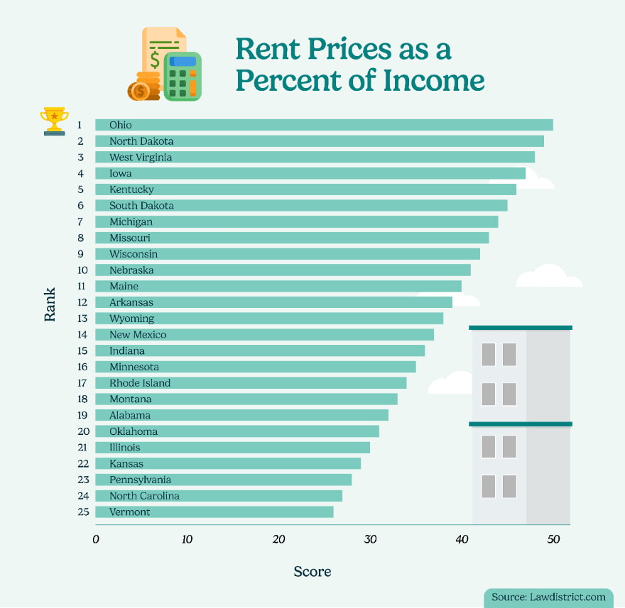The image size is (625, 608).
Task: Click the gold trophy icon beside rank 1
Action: (x=55, y=121)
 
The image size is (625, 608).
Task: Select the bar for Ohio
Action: (x=324, y=125)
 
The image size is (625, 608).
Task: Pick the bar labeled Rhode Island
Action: (x=251, y=383)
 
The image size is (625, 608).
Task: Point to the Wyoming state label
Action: (x=131, y=319)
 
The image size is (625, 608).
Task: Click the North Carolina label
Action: (x=144, y=496)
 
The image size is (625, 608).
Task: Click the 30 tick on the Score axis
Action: (x=370, y=539)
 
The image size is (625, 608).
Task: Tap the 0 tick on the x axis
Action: (x=96, y=539)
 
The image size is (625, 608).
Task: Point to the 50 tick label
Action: (x=553, y=539)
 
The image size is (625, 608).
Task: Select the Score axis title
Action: (x=312, y=571)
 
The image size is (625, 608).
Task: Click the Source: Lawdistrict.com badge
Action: (x=549, y=597)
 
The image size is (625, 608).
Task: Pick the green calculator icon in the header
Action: (x=183, y=76)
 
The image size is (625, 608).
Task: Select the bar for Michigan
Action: (x=297, y=222)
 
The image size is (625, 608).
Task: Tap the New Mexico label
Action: (x=138, y=335)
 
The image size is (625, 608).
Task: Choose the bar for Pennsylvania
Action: (x=224, y=480)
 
